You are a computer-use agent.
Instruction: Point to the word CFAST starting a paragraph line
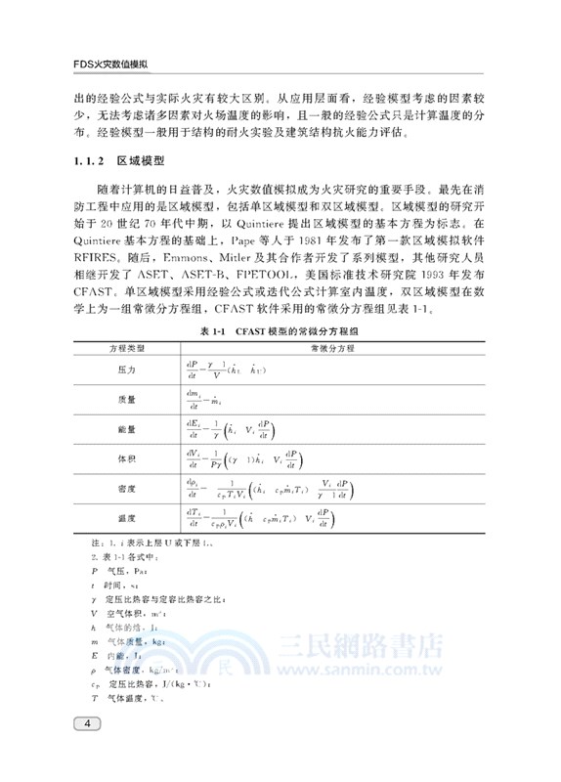coord(92,290)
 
